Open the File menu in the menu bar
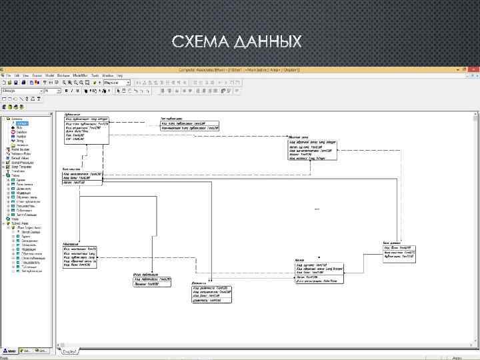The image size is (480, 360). pyautogui.click(x=9, y=76)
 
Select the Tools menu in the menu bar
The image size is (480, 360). pyautogui.click(x=95, y=76)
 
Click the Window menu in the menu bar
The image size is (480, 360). pyautogui.click(x=107, y=76)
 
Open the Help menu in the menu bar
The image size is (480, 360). pyautogui.click(x=120, y=76)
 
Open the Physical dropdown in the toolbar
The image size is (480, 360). pyautogui.click(x=107, y=83)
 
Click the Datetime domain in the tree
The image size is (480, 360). pyautogui.click(x=21, y=132)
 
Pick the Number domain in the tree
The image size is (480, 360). pyautogui.click(x=21, y=137)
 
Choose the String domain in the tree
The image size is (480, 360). pyautogui.click(x=20, y=141)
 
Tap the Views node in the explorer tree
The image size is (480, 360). pyautogui.click(x=14, y=219)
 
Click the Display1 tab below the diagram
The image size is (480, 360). pyautogui.click(x=70, y=351)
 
